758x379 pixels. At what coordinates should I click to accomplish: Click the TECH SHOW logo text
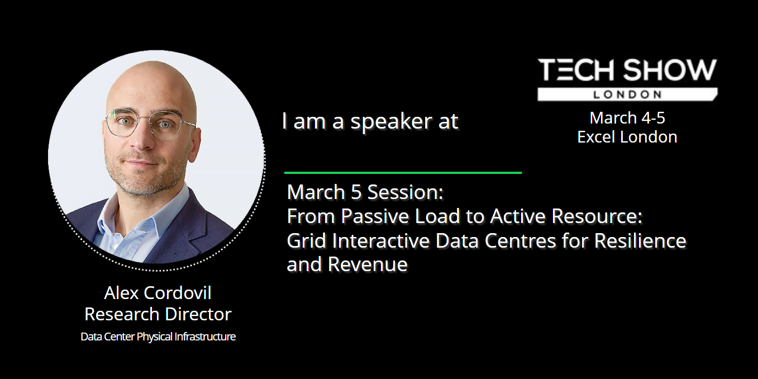(627, 70)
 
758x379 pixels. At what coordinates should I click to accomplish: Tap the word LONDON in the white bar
(627, 94)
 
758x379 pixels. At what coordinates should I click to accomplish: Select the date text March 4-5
(627, 118)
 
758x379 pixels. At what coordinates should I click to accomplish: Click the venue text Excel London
(627, 137)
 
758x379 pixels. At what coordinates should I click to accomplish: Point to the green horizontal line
(403, 173)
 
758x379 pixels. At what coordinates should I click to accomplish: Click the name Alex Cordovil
(158, 292)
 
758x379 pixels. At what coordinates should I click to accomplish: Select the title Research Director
(158, 314)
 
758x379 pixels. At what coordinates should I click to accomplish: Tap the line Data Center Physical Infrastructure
(158, 337)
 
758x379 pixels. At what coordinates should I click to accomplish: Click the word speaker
(391, 122)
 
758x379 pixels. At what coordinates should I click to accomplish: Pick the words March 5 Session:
(365, 192)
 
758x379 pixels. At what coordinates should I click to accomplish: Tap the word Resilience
(640, 240)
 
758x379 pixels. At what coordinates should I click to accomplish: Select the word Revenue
(368, 264)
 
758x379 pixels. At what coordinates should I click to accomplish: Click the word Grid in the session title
(306, 240)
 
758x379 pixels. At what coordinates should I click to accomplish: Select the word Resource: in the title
(597, 216)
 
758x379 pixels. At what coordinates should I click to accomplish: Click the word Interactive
(381, 240)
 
